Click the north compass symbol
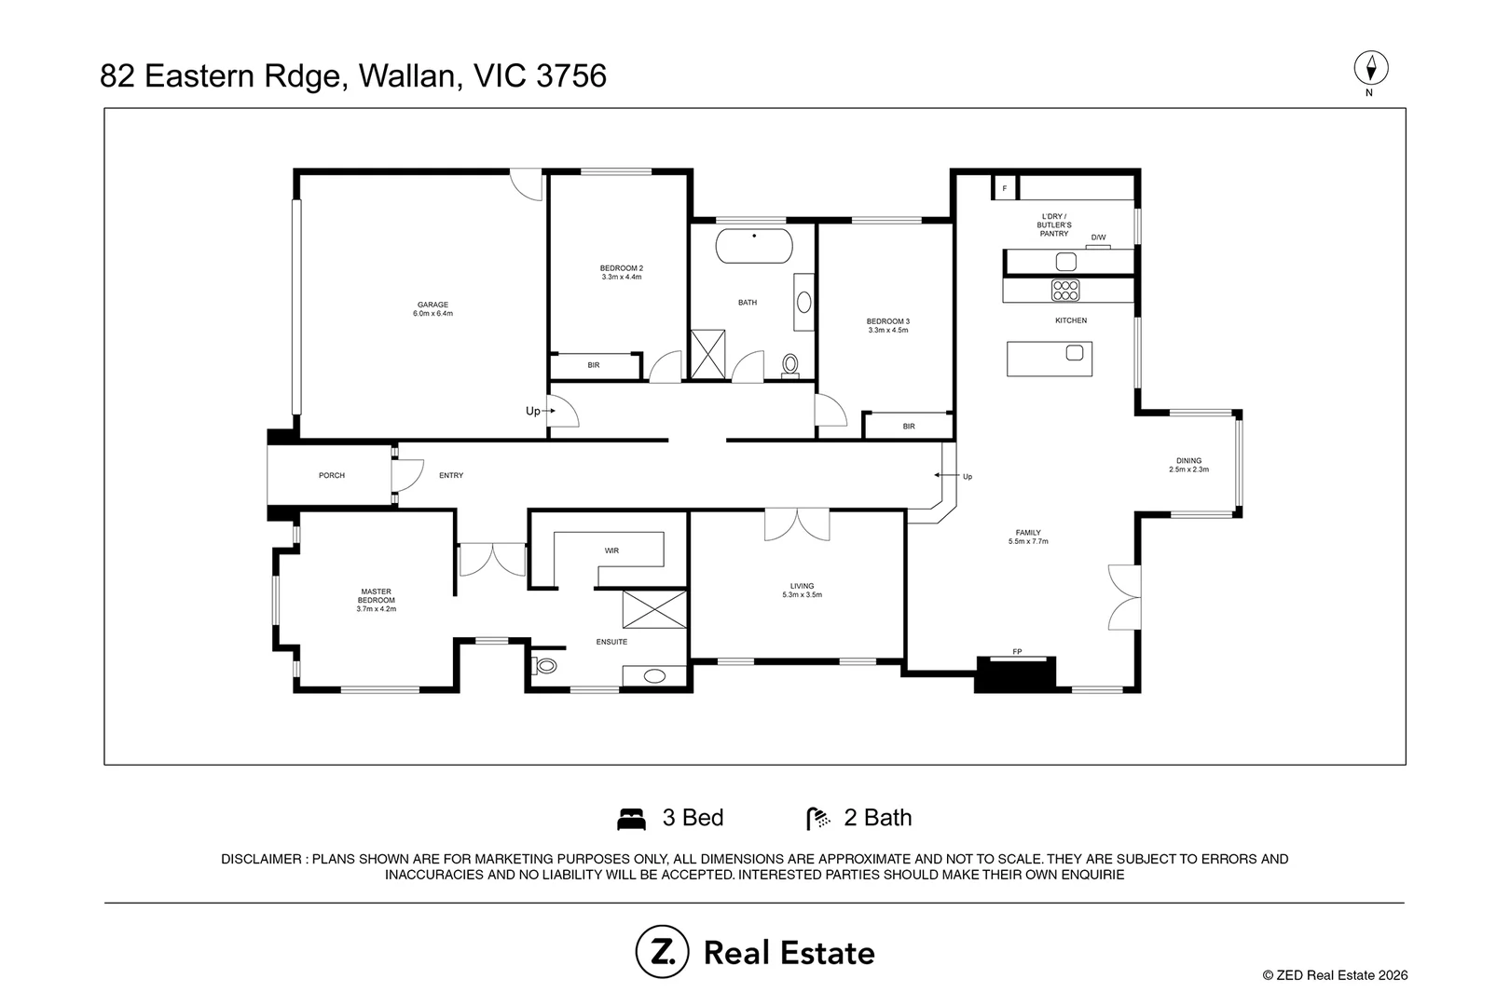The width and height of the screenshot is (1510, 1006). tap(1371, 69)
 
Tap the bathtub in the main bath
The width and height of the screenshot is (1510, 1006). tap(754, 246)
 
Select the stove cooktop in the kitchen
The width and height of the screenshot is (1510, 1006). tap(1065, 290)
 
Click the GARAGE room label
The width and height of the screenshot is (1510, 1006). tap(432, 305)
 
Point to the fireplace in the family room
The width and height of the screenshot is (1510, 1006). tap(1015, 674)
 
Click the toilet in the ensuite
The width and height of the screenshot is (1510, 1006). tap(544, 666)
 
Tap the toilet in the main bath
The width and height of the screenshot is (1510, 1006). tap(790, 366)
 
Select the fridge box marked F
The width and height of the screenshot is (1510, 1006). tap(1005, 188)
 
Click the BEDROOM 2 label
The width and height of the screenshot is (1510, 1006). tap(622, 268)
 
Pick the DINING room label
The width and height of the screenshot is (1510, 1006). tap(1189, 461)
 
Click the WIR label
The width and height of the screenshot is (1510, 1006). tap(611, 551)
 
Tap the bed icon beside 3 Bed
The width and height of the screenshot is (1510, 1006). tap(632, 819)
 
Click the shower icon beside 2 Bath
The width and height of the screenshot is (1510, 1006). tap(818, 819)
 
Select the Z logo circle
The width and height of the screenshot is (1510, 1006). tap(662, 951)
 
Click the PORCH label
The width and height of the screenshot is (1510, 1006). tap(332, 475)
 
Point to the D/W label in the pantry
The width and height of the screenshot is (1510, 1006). tap(1098, 238)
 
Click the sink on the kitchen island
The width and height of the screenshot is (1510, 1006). tap(1075, 352)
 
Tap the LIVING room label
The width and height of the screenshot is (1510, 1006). tap(803, 586)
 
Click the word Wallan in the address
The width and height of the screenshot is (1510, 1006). tap(410, 75)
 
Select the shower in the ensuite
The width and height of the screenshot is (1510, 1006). tap(654, 609)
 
